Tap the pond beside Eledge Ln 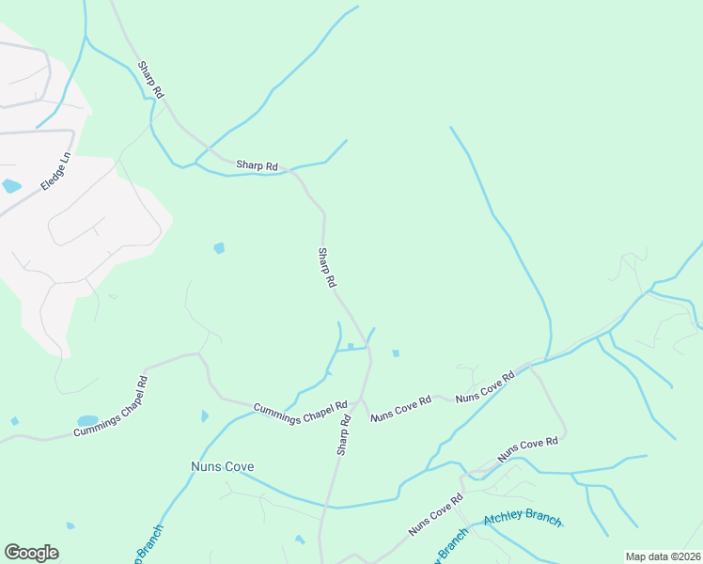tap(11, 186)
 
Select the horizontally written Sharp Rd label tap(257, 165)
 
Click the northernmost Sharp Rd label tap(151, 80)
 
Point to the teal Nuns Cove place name tap(223, 466)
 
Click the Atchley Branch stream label tap(523, 520)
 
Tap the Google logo tap(31, 553)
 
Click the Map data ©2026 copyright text tap(663, 556)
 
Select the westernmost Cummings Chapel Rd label tap(111, 407)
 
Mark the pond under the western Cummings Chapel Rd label tap(86, 420)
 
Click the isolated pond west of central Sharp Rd tap(219, 248)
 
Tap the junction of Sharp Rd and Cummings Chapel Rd tap(362, 399)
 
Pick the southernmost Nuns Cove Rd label tap(436, 514)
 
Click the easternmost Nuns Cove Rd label tap(528, 448)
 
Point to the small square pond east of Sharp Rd tap(396, 353)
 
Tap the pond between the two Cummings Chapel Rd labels tap(205, 416)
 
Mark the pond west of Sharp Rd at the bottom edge tap(299, 540)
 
